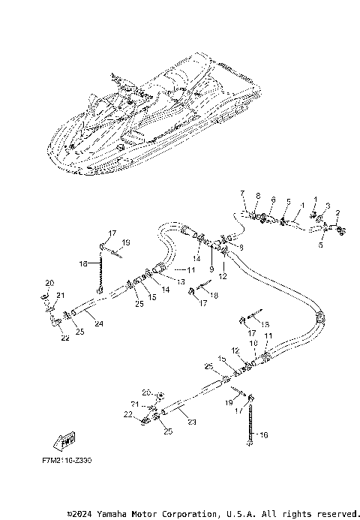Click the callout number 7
[x=242, y=194]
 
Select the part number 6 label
[x=273, y=200]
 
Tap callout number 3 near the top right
[x=327, y=206]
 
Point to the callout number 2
[x=338, y=213]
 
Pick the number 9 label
[x=211, y=269]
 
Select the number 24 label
[x=99, y=324]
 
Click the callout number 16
[x=262, y=434]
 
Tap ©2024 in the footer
[x=80, y=514]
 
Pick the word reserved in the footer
[x=334, y=514]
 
